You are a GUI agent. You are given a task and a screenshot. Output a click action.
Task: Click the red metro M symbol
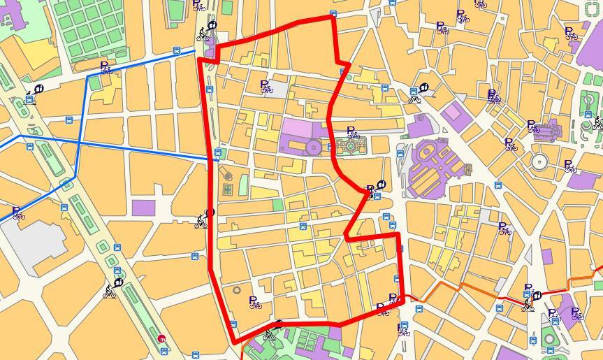click(x=163, y=338)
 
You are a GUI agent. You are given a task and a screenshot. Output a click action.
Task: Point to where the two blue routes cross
click(x=78, y=143)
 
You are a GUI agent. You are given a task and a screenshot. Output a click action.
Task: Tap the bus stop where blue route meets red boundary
click(x=219, y=152)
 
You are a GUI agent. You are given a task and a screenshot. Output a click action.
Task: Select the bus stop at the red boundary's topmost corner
click(x=333, y=13)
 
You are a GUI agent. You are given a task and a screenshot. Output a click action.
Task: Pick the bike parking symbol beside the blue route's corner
click(x=106, y=67)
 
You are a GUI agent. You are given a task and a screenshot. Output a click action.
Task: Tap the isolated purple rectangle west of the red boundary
click(x=143, y=208)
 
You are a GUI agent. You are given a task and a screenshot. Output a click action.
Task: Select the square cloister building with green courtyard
click(x=347, y=145)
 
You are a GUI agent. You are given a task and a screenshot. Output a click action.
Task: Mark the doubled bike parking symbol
click(x=493, y=96)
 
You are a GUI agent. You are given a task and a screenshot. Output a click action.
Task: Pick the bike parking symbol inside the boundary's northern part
click(x=266, y=85)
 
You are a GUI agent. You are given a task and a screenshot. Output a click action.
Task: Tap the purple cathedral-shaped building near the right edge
click(x=547, y=130)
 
